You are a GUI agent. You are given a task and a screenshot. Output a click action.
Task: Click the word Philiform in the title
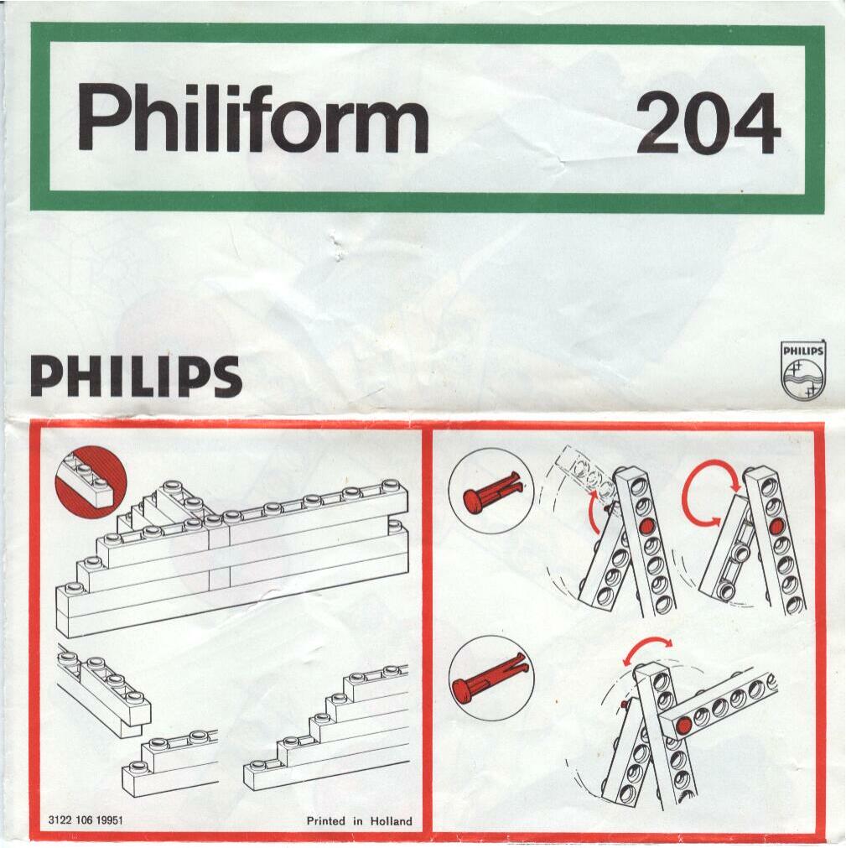pos(253,117)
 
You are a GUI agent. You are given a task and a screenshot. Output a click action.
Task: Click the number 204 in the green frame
pos(708,122)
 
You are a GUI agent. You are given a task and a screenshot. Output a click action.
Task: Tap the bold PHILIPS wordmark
pos(136,377)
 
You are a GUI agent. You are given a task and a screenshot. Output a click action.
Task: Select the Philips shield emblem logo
pos(803,370)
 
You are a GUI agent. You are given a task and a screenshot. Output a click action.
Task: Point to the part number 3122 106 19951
pos(86,820)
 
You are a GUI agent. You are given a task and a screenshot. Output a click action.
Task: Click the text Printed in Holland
pos(360,821)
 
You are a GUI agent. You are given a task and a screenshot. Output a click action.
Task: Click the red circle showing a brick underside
pos(91,481)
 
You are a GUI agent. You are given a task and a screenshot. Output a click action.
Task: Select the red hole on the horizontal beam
pos(684,725)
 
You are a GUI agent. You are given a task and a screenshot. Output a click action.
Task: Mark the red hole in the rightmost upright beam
pos(776,524)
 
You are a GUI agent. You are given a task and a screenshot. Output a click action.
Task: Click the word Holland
pos(392,821)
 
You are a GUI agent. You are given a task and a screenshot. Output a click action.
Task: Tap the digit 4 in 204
pos(754,123)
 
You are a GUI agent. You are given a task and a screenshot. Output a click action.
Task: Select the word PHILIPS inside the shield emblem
pos(803,351)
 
